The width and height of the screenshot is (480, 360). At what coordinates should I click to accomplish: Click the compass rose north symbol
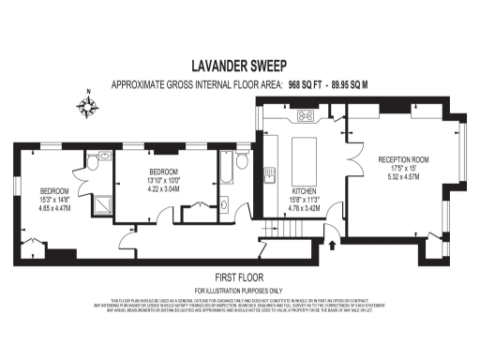point(90,106)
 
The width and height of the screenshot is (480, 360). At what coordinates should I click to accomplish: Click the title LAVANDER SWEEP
point(239,67)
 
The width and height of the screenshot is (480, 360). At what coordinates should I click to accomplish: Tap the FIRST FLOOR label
point(239,277)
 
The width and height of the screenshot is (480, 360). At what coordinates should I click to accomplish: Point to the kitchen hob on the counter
point(306,116)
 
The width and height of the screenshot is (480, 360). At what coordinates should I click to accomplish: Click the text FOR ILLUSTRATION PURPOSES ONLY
point(239,291)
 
